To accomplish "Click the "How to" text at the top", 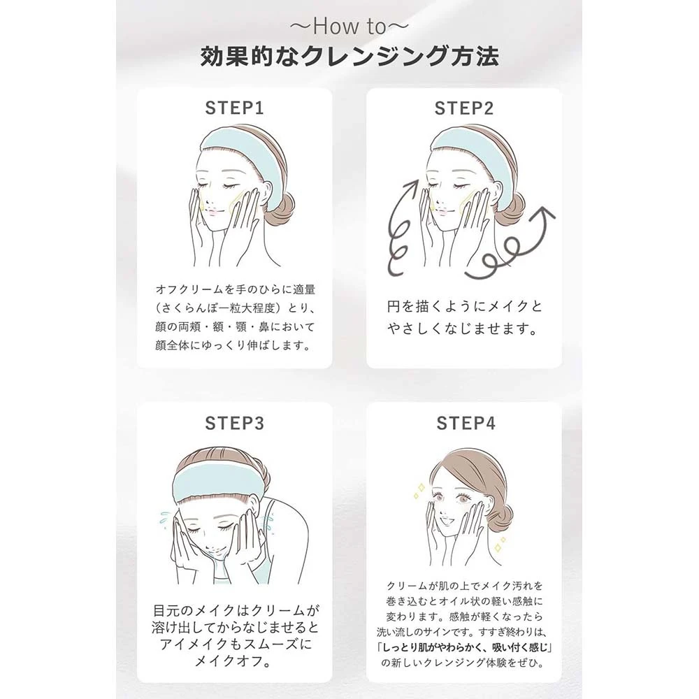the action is click(349, 27).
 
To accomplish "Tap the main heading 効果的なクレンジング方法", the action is click(349, 57).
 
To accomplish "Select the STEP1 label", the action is click(234, 108).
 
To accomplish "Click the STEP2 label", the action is click(464, 108).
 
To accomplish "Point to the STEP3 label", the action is click(234, 423).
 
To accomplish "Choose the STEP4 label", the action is click(466, 423).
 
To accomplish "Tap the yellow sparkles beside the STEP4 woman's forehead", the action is click(419, 491).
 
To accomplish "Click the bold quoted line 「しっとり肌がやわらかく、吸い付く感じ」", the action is click(464, 647).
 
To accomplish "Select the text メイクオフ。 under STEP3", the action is click(234, 661).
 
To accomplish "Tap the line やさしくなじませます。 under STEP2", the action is click(462, 329).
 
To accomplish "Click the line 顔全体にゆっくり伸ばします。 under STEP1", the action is click(233, 345).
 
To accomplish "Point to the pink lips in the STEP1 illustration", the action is click(211, 213).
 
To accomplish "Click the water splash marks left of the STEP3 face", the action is click(166, 519).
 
